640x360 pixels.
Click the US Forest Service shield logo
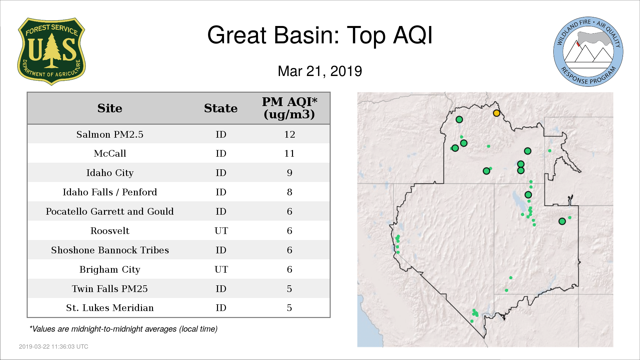51,52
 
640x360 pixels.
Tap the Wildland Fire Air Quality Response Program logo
588,52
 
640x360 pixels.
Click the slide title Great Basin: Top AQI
320,35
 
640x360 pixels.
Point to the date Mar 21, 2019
320,71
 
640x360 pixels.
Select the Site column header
110,108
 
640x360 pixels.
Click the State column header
221,108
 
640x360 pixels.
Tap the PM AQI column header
289,108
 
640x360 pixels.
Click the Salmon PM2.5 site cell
110,134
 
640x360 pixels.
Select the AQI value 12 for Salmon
289,134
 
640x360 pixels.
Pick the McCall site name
110,153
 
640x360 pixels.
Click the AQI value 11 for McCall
289,153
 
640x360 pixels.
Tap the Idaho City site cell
110,173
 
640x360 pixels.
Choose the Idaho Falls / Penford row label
110,192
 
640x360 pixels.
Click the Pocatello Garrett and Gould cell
110,211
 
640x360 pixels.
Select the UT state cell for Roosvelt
221,231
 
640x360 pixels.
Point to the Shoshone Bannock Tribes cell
110,250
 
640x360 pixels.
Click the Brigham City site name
110,269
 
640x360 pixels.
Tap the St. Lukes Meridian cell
110,308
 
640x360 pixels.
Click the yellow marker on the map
496,113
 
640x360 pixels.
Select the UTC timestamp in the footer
54,347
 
